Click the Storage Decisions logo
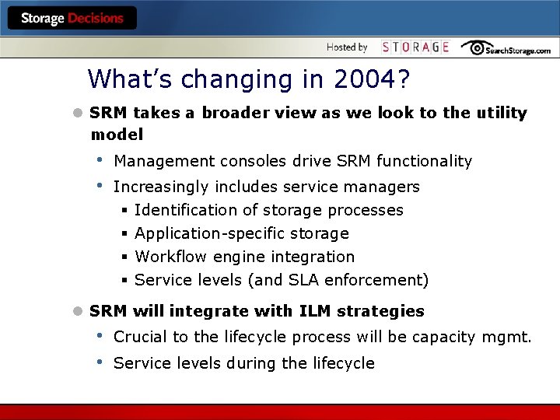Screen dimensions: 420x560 (x=72, y=18)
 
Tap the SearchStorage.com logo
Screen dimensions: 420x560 (x=506, y=48)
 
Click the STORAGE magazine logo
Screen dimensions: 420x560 (x=415, y=47)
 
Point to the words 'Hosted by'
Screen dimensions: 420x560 (x=347, y=47)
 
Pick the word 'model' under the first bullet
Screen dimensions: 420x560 (x=117, y=135)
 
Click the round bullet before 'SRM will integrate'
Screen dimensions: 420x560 (x=77, y=311)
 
